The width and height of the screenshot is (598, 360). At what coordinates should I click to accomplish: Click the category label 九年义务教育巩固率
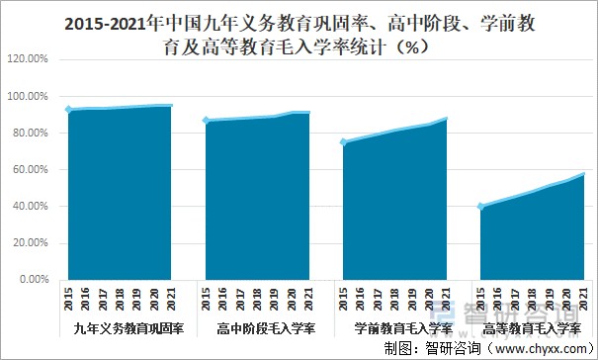click(121, 327)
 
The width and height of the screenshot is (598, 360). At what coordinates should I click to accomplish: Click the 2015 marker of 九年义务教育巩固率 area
click(68, 110)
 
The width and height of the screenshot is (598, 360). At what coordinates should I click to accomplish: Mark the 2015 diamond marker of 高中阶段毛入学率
click(205, 121)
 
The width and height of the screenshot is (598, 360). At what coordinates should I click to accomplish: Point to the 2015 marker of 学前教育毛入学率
click(342, 142)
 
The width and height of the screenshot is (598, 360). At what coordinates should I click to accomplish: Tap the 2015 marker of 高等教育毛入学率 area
click(478, 207)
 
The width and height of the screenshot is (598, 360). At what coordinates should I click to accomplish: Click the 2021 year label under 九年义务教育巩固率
click(172, 300)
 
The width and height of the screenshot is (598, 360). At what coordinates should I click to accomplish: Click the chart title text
click(299, 35)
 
